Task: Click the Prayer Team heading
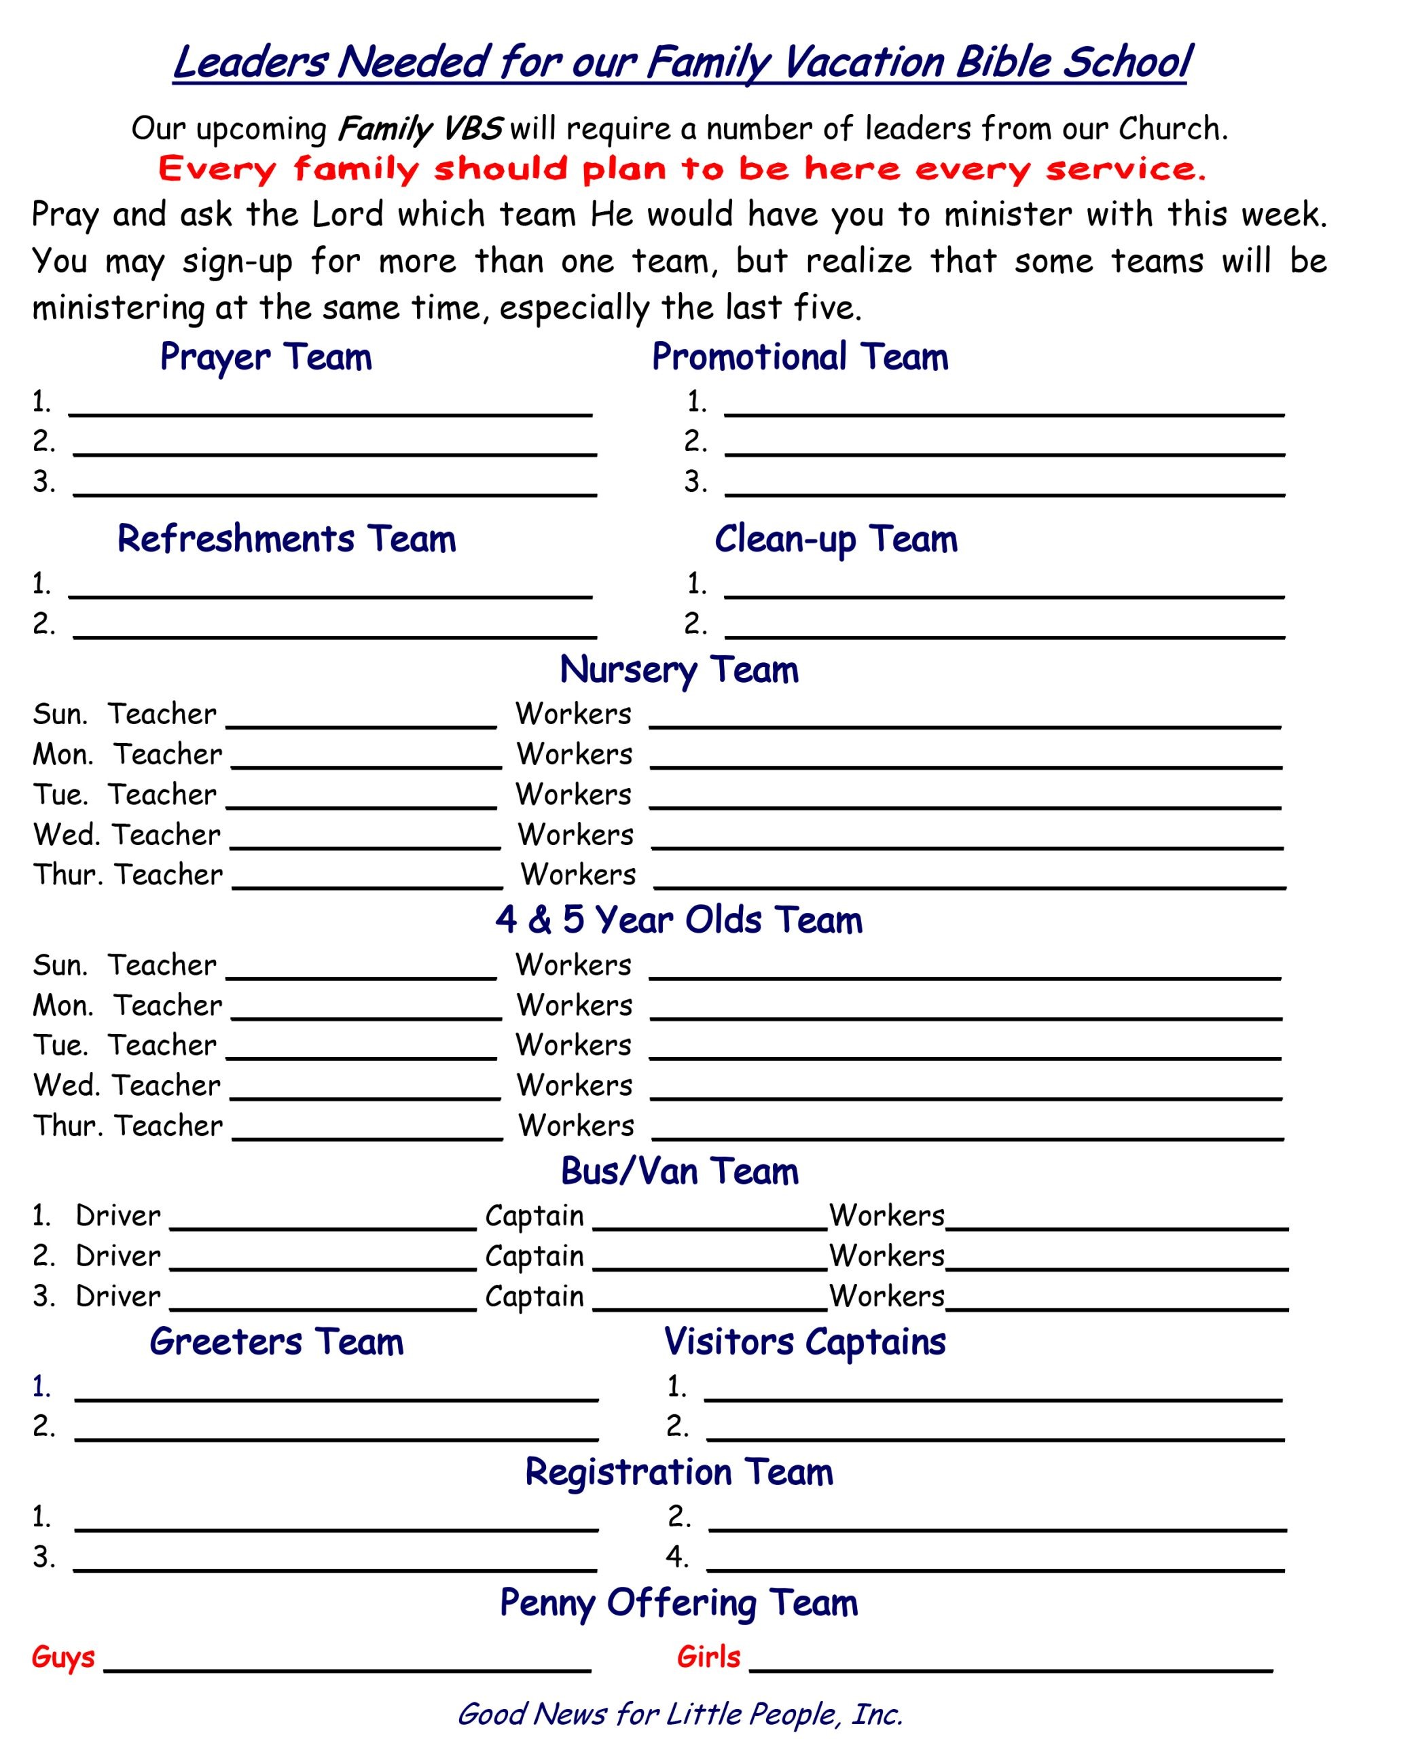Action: point(266,357)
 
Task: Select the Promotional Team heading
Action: point(800,357)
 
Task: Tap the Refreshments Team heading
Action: point(286,539)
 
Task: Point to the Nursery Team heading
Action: point(678,670)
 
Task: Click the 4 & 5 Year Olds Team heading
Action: point(678,920)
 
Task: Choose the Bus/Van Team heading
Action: point(679,1171)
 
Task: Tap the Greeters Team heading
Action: point(276,1342)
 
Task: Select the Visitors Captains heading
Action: point(805,1342)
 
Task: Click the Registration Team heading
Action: point(678,1472)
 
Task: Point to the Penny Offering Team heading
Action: point(678,1603)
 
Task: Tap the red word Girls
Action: point(708,1657)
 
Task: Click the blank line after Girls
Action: point(1010,1666)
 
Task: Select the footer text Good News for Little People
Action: point(679,1714)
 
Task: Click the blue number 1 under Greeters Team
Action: point(41,1386)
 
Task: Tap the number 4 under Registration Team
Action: point(676,1556)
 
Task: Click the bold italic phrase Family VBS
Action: point(420,128)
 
